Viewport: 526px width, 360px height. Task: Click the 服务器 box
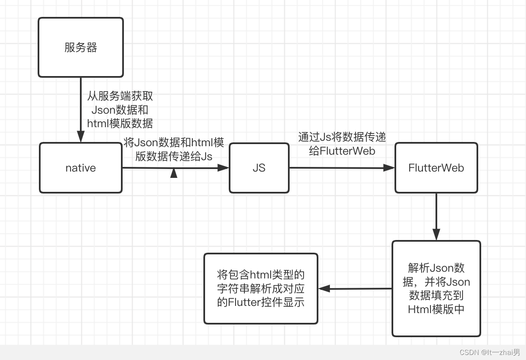[x=81, y=47]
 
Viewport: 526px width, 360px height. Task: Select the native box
[x=81, y=168]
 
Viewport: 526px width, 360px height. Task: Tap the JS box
[x=259, y=168]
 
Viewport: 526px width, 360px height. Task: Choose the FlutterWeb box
[x=436, y=168]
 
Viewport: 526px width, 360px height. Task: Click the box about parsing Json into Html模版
[x=436, y=289]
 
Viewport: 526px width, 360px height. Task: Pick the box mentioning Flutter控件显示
[x=260, y=289]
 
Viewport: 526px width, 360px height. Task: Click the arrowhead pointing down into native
[x=81, y=136]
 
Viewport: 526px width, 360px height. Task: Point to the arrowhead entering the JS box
[x=223, y=168]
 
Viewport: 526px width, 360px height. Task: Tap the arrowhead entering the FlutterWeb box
[x=389, y=168]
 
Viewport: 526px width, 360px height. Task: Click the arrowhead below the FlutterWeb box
[x=436, y=235]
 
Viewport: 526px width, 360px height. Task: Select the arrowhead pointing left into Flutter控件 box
[x=324, y=289]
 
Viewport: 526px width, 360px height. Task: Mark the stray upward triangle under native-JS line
[x=174, y=173]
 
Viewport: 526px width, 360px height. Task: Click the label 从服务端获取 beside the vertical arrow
[x=120, y=96]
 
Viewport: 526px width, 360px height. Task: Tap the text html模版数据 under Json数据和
[x=120, y=123]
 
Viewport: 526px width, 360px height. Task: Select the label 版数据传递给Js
[x=174, y=156]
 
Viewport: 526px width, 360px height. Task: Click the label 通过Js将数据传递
[x=342, y=137]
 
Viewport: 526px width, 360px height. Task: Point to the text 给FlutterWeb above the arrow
[x=342, y=151]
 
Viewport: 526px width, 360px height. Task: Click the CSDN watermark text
[x=490, y=352]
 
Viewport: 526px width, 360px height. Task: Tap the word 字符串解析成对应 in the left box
[x=260, y=289]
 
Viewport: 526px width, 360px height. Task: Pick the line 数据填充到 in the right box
[x=436, y=295]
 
